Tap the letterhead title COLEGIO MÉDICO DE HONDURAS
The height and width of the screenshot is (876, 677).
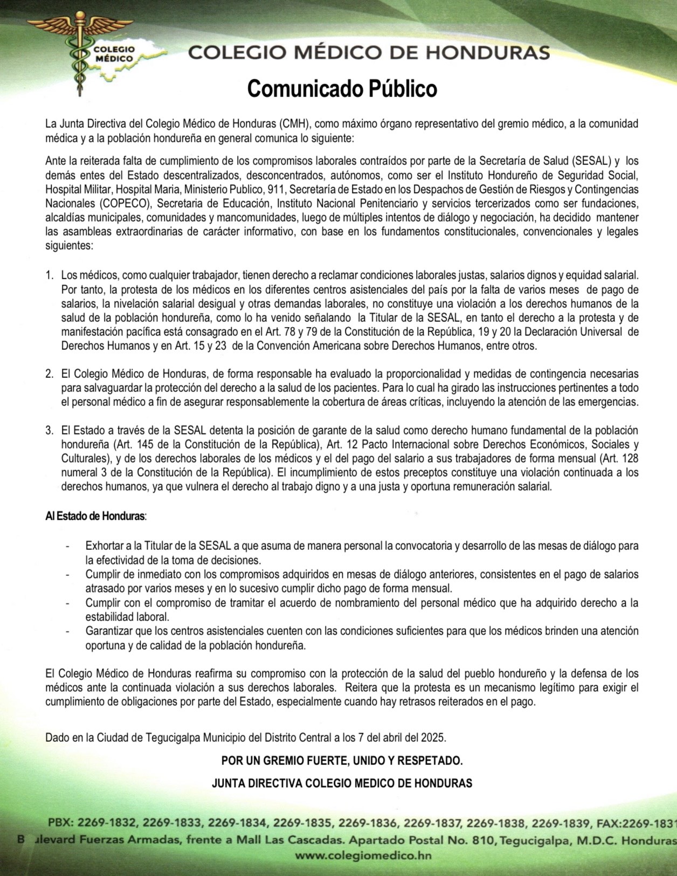(x=369, y=53)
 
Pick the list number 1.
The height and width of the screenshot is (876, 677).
(x=49, y=275)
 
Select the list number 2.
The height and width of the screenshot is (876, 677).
(x=49, y=374)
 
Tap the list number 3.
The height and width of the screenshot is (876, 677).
(x=49, y=430)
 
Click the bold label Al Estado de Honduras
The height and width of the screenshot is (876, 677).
(x=95, y=516)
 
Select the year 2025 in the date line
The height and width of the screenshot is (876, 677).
(x=434, y=737)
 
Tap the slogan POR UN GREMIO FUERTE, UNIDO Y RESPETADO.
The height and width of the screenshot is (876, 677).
(x=342, y=761)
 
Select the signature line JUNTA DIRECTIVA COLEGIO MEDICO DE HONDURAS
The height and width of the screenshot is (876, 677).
(x=342, y=783)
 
